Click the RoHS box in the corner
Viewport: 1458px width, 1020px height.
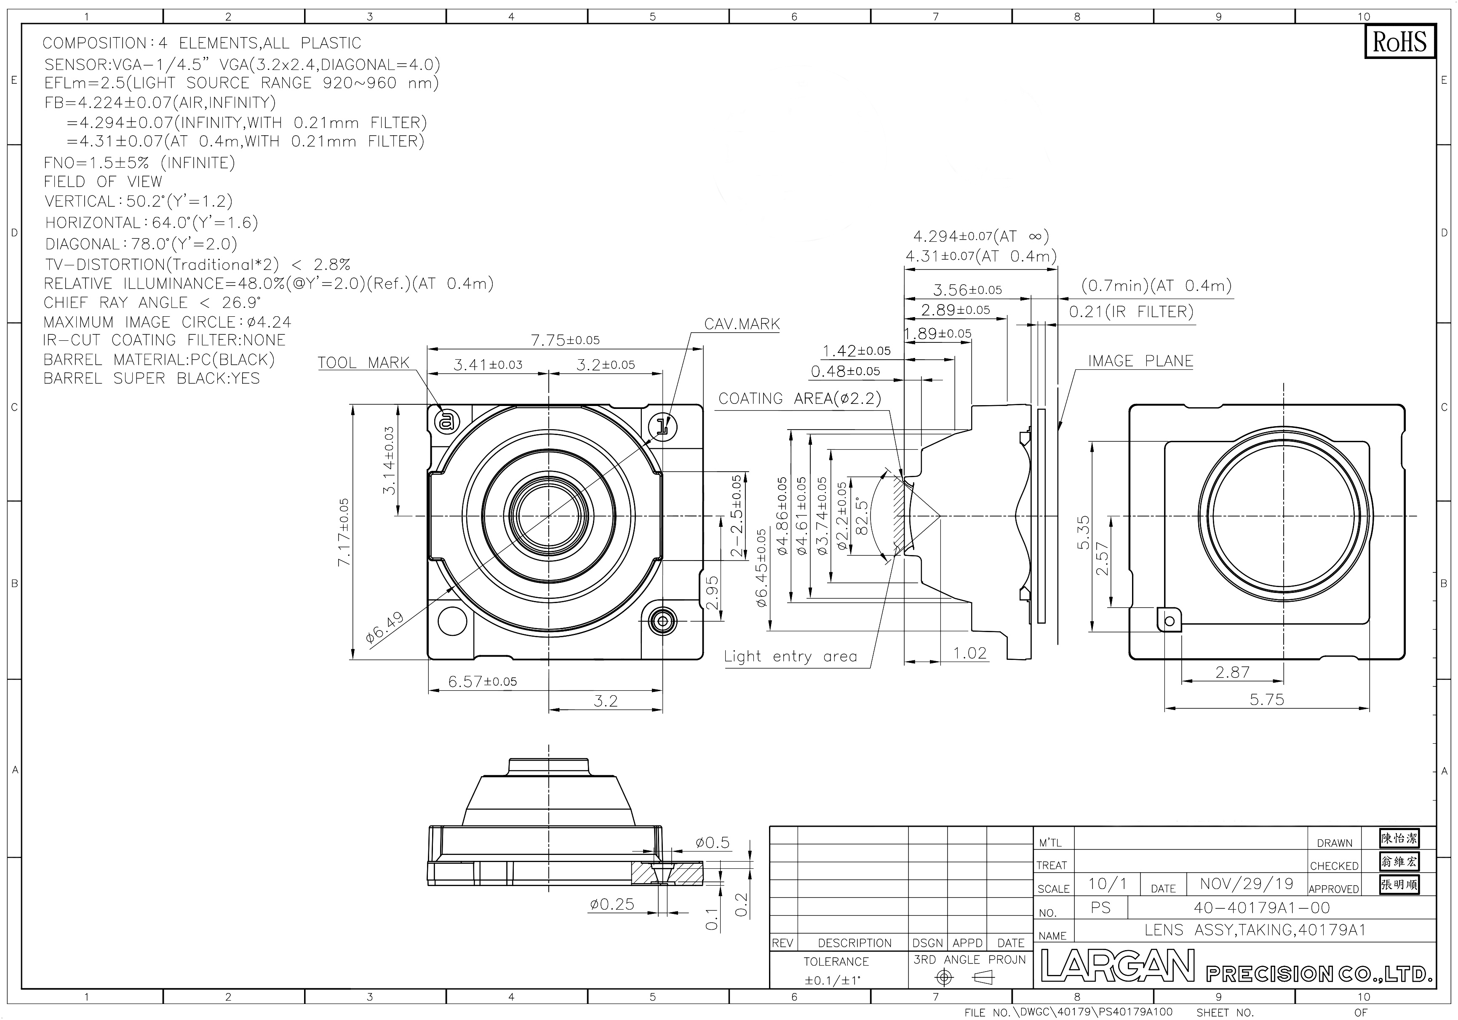1399,42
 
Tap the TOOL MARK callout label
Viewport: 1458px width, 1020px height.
363,363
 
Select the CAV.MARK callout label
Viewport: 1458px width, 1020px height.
742,324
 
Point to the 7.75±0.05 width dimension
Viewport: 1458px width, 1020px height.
565,340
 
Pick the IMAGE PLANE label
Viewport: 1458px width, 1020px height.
1140,361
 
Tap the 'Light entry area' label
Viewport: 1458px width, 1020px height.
790,656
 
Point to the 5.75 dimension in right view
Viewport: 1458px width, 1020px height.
1267,699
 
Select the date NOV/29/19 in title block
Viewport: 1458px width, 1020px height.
1247,884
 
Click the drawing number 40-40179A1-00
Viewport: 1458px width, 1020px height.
1262,908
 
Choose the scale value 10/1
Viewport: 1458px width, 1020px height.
1108,884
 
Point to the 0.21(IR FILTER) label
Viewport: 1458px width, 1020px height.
1131,312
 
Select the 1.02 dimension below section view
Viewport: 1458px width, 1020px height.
969,653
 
